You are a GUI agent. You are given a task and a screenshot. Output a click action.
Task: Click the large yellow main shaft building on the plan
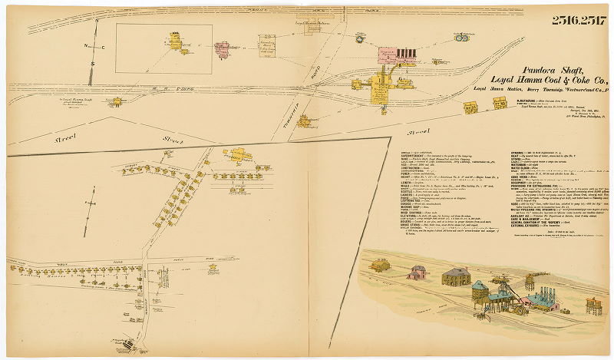click(x=379, y=87)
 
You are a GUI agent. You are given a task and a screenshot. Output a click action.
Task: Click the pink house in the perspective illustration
click(x=418, y=272)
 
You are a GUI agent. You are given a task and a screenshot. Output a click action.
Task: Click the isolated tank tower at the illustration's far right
click(x=594, y=305)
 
